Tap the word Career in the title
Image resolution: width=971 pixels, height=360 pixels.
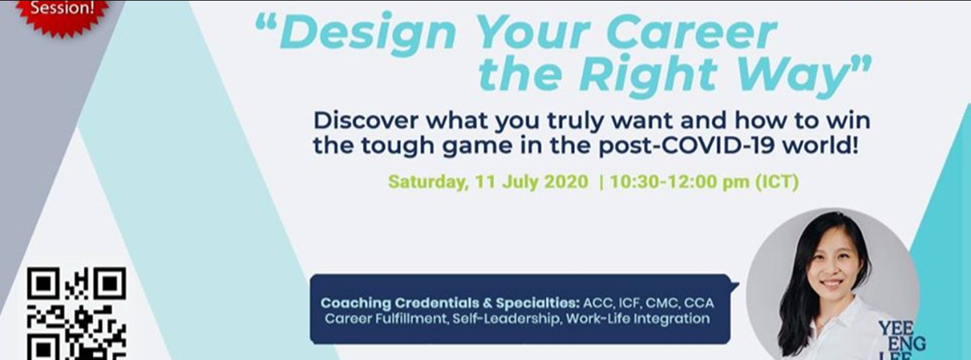pos(686,34)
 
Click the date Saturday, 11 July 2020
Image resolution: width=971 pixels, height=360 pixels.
pos(488,182)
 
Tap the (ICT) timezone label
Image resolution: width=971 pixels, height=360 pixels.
pos(777,182)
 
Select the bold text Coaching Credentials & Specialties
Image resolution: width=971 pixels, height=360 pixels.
pos(449,303)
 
